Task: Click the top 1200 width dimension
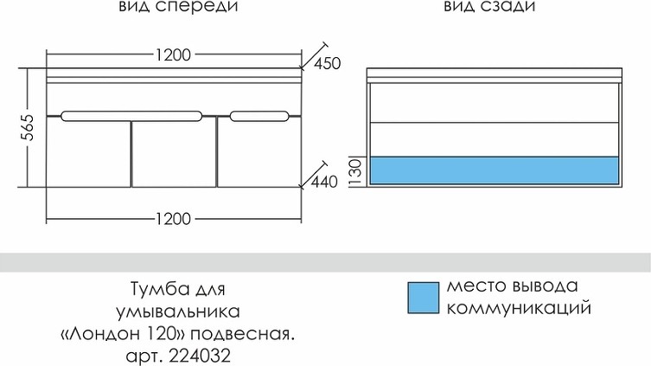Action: tap(173, 55)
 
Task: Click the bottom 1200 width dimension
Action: tap(173, 219)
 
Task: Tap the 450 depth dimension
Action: tap(327, 63)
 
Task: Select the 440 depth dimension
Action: tap(324, 182)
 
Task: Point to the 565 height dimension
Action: tap(28, 126)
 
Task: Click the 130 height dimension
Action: tap(356, 172)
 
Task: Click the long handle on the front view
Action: tap(131, 116)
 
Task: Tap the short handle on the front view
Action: tap(259, 116)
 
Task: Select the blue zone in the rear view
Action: tap(494, 170)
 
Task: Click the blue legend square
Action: tap(423, 298)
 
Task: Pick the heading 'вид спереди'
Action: tap(178, 7)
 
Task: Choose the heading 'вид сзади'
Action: tap(489, 6)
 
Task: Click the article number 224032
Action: tap(200, 356)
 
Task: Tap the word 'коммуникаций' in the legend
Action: tap(519, 308)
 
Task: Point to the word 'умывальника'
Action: tap(178, 311)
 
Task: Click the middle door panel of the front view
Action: tap(174, 155)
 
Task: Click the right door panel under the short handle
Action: tap(259, 155)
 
